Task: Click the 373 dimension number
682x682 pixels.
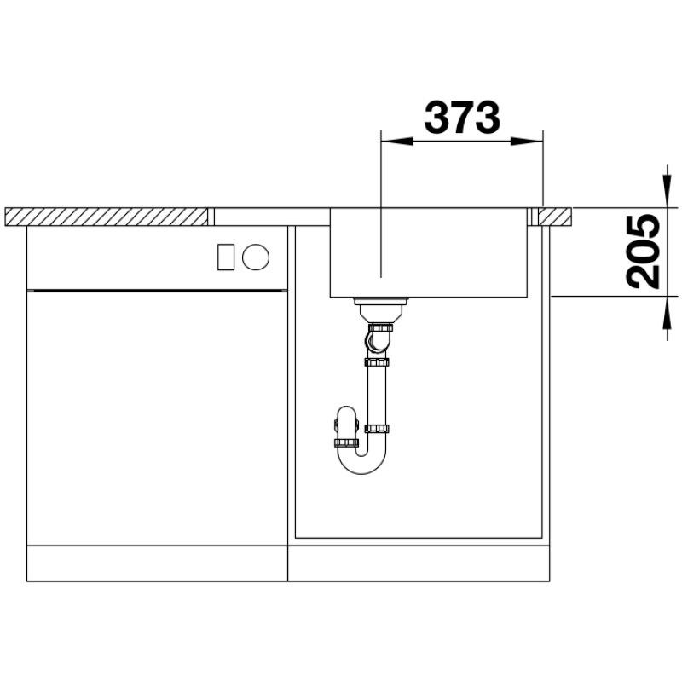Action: coord(462,118)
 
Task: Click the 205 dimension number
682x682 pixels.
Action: coord(643,251)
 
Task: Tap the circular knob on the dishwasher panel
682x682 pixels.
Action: coord(256,257)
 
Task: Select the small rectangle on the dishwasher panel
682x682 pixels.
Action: coord(226,257)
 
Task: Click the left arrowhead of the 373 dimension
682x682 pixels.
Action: coord(396,141)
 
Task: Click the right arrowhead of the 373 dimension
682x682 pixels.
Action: coord(527,141)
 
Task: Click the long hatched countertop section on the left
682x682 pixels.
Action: coord(107,217)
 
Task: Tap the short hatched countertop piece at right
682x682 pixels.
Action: coord(556,217)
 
